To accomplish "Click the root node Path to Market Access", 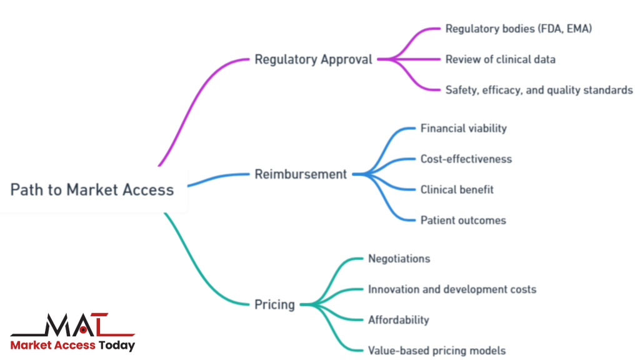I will click(92, 189).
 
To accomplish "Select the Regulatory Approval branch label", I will click(313, 60).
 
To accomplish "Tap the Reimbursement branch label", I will click(301, 174).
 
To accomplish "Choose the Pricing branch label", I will click(274, 305).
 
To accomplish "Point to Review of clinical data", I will click(500, 59).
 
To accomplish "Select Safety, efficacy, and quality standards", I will click(539, 90).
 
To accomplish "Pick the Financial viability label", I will click(463, 128).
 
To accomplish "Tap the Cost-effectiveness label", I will click(466, 159).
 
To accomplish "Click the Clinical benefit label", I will click(457, 189).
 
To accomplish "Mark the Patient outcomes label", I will click(463, 220).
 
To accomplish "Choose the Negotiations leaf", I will click(399, 258).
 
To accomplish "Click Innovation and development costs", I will click(452, 289).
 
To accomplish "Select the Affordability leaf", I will click(398, 320).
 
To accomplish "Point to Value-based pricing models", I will click(437, 351).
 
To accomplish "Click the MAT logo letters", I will click(72, 326).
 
